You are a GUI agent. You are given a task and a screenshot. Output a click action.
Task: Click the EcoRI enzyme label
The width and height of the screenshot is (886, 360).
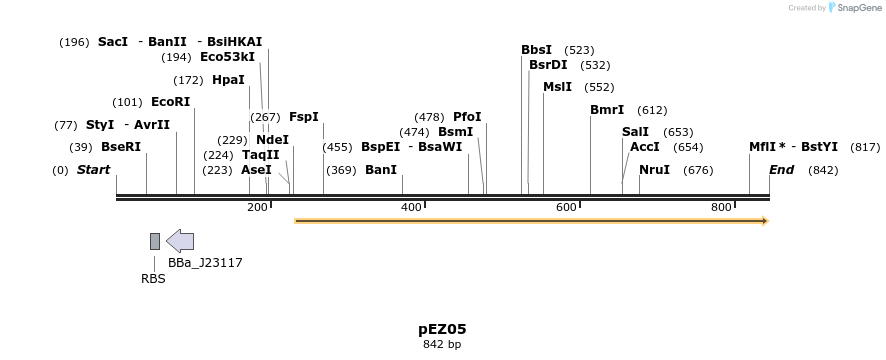pos(170,102)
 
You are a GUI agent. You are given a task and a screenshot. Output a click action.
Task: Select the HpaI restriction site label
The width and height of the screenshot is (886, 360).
pos(228,80)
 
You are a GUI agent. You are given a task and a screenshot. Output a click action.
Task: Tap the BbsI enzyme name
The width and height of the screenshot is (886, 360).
pos(536,50)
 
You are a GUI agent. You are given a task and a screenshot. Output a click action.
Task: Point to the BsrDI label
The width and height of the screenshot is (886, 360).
pos(548,65)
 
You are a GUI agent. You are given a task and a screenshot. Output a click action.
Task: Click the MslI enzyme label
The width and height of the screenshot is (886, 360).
pos(557,87)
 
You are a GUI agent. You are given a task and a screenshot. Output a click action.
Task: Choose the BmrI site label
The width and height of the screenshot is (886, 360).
pos(607,110)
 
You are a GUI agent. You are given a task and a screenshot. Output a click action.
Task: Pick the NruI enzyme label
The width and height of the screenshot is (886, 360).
pos(654,170)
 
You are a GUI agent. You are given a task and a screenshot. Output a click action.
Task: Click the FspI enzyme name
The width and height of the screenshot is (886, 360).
pos(304,117)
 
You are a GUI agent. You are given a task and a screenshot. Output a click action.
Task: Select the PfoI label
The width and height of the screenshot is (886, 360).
pos(467,117)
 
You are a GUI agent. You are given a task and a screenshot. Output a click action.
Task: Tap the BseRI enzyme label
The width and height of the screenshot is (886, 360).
pos(121,147)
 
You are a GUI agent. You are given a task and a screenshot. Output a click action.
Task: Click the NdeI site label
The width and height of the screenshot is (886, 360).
pos(272,140)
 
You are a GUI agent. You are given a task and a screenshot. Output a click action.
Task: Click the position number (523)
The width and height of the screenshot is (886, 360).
pos(579,50)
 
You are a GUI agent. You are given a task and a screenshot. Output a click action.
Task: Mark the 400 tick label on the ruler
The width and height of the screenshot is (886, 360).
pos(411,207)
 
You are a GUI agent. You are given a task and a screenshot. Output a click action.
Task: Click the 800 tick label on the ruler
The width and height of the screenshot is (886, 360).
pos(721,207)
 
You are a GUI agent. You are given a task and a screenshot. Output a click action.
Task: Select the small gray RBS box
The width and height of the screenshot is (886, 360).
pos(155,241)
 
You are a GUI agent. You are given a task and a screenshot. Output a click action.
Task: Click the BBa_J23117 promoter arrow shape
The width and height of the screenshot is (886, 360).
pos(180,240)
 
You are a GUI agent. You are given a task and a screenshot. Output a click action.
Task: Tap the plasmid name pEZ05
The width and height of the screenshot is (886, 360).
pos(442,328)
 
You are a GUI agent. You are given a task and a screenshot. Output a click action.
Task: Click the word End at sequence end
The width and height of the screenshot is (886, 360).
pos(781,170)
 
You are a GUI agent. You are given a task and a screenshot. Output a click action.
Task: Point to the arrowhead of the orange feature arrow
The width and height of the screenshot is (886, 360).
pos(765,221)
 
